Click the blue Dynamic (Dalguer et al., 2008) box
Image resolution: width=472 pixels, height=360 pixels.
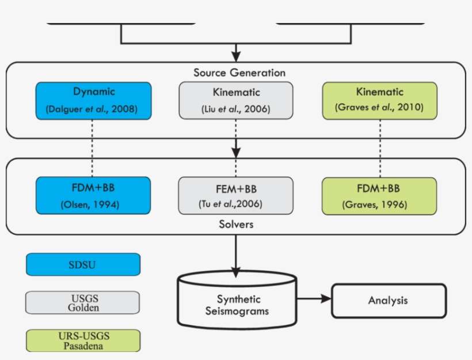click(x=94, y=101)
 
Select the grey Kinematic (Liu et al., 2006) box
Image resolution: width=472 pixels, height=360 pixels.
click(x=236, y=101)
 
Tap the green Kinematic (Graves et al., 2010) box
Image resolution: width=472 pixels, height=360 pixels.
click(x=379, y=101)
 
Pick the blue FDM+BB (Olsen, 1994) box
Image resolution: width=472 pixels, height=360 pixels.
click(x=93, y=195)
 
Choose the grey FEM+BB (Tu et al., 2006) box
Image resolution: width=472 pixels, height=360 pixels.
click(x=235, y=196)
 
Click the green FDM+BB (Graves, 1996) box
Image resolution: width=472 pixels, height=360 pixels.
click(x=379, y=196)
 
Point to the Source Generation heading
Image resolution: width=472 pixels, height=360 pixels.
click(x=239, y=73)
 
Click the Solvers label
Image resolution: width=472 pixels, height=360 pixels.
click(x=237, y=224)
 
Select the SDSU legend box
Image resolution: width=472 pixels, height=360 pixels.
click(x=83, y=264)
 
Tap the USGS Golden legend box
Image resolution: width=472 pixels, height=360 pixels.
click(x=82, y=302)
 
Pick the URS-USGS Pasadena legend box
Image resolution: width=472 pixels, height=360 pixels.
click(x=83, y=341)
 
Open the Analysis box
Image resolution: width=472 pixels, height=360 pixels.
click(x=389, y=301)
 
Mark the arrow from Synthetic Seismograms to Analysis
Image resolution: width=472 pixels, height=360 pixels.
click(x=314, y=299)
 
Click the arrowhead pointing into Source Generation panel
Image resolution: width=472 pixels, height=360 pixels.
click(x=236, y=56)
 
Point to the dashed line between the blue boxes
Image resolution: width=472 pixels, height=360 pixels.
click(x=92, y=148)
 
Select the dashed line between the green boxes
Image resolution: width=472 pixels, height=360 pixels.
click(x=380, y=149)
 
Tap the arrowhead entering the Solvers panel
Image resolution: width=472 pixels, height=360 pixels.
click(x=236, y=153)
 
